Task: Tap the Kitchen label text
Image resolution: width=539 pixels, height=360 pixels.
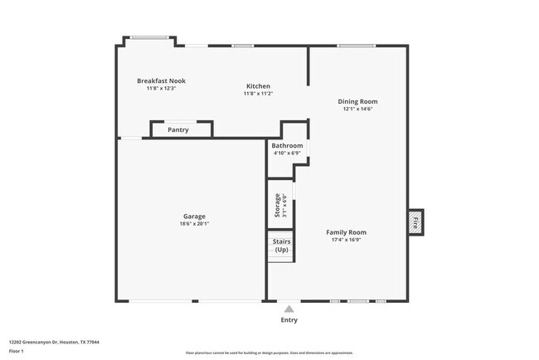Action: [x=258, y=86]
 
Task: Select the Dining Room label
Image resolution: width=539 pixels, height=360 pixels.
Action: [x=357, y=101]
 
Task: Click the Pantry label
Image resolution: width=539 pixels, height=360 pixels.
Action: [x=178, y=129]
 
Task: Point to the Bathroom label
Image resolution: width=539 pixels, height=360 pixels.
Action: [x=287, y=146]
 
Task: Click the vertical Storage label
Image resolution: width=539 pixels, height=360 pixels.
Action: [x=278, y=206]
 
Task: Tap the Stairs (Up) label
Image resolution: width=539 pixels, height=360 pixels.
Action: [x=281, y=246]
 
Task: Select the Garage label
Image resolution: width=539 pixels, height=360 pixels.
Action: [x=194, y=216]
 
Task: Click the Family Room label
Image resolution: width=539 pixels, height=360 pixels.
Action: [x=346, y=232]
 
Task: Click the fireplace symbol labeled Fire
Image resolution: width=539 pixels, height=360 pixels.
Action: [x=415, y=223]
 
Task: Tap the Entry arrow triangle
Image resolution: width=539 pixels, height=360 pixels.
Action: [x=289, y=308]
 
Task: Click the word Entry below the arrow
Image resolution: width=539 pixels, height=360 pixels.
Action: [x=289, y=320]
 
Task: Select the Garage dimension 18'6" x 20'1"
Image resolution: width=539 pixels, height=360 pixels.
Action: [x=194, y=224]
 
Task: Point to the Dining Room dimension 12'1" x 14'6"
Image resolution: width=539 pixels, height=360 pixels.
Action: [x=357, y=109]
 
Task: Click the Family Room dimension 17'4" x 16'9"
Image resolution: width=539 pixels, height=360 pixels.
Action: [x=346, y=240]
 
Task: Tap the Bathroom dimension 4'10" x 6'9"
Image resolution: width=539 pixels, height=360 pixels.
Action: [x=287, y=153]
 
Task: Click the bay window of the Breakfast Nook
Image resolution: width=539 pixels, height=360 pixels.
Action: [x=149, y=37]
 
